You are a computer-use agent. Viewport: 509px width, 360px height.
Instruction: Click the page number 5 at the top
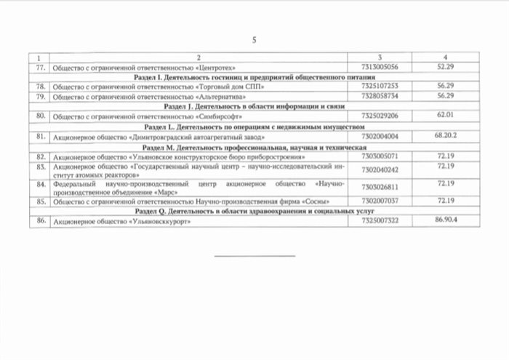point(254,40)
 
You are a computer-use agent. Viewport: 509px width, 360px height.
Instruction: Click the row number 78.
point(41,85)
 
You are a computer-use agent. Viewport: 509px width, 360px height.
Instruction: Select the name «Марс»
point(164,191)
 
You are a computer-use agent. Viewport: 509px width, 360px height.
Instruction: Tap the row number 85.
point(41,200)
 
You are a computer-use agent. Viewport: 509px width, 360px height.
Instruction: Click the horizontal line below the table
point(254,255)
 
